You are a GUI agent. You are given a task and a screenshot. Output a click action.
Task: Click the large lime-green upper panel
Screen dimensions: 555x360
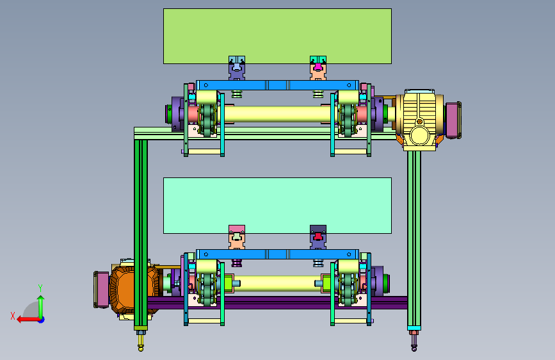277,36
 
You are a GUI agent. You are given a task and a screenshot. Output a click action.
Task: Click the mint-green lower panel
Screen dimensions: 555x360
277,206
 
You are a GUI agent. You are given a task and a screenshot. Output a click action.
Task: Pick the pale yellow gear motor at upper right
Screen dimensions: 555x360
419,120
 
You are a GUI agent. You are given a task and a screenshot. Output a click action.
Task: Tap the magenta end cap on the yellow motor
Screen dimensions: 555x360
453,120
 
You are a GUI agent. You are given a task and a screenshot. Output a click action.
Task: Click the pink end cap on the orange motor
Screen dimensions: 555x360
101,290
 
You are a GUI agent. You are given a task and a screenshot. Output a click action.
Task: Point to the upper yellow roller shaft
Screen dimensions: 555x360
277,114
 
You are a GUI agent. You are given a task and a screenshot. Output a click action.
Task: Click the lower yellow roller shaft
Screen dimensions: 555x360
277,284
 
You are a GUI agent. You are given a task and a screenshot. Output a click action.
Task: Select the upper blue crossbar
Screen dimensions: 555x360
277,85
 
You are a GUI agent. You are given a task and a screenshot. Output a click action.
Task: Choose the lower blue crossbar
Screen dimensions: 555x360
277,254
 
